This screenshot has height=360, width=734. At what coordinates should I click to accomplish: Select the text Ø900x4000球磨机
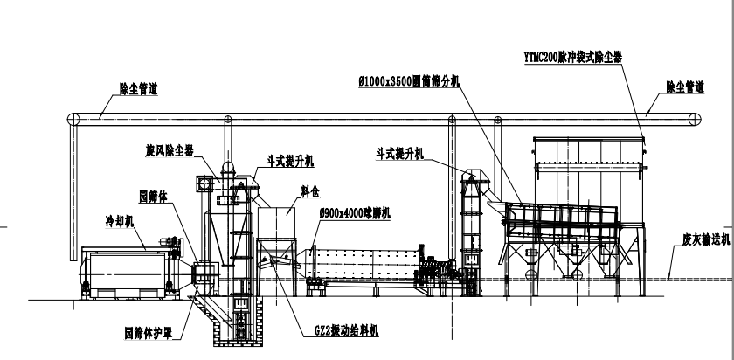coord(357,212)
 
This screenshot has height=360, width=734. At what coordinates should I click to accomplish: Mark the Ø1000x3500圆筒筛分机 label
coord(410,80)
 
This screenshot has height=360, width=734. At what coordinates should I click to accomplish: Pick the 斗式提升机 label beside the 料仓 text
coord(291,162)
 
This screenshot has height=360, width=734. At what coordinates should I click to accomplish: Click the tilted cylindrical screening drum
coord(559,215)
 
